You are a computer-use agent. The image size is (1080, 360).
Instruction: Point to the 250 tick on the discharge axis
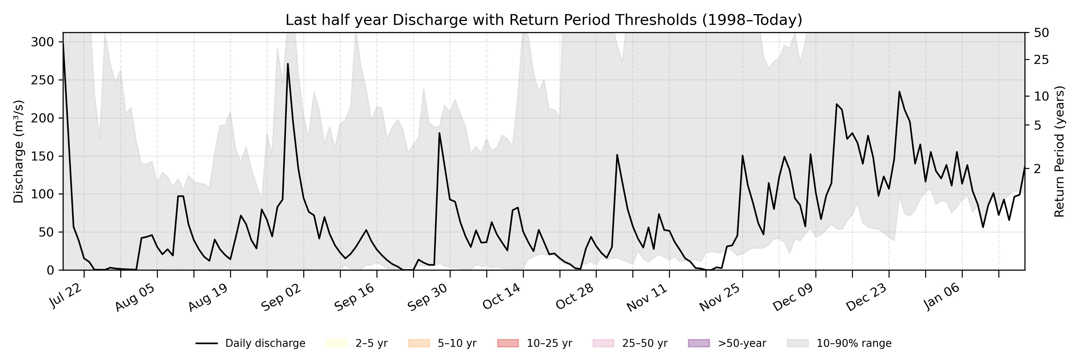click(x=43, y=80)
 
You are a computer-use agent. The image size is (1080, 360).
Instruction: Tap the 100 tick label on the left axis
click(x=43, y=194)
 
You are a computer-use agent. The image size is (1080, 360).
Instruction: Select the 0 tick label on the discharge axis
click(x=50, y=270)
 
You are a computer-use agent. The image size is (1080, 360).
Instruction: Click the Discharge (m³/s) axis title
click(x=18, y=151)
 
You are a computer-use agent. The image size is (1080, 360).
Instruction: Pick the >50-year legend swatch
click(x=699, y=343)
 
